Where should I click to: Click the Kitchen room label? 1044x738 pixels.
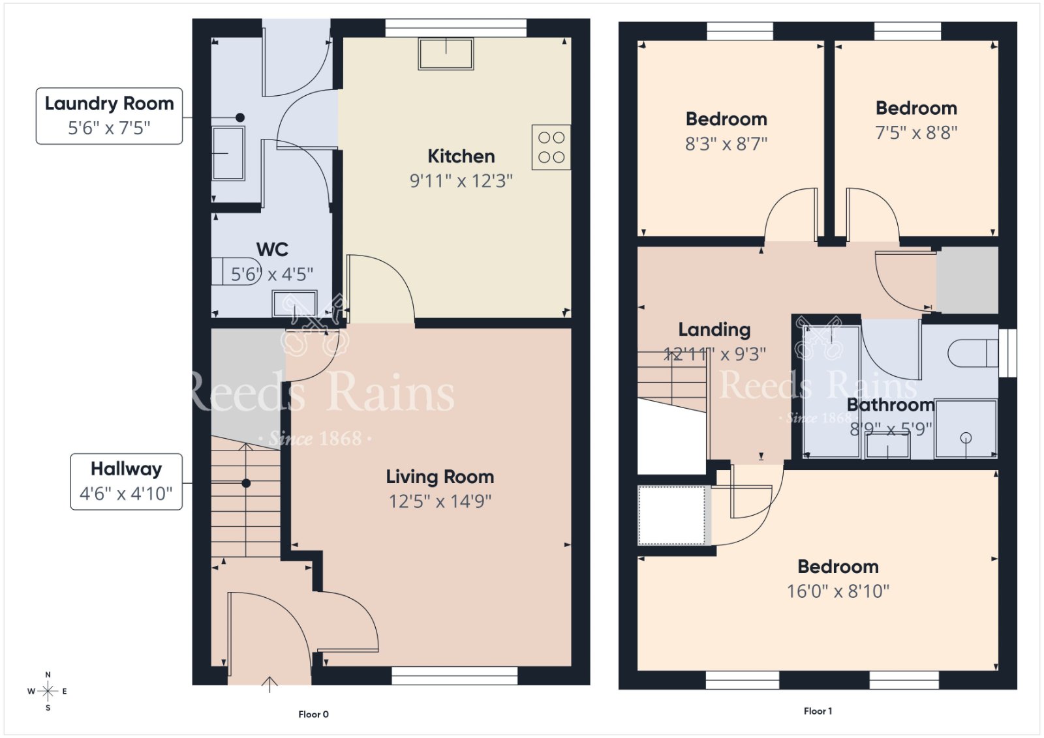click(461, 156)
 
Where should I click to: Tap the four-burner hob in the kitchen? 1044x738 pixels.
click(551, 147)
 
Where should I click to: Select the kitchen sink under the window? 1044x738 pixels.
click(446, 54)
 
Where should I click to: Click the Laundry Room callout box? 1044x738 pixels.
click(109, 116)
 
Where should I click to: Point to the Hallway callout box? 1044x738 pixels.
click(127, 481)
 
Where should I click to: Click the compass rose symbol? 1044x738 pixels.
click(48, 691)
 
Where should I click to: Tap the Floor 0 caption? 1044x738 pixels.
click(313, 715)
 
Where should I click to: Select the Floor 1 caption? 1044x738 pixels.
click(818, 711)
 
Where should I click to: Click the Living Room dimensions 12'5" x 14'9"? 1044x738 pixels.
click(440, 501)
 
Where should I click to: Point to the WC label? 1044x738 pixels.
click(272, 250)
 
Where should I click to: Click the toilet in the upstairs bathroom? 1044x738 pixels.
click(973, 353)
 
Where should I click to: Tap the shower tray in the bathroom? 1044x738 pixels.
click(966, 428)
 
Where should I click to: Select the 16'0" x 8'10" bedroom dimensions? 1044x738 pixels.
click(838, 591)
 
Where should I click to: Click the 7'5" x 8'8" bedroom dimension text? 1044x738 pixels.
click(916, 133)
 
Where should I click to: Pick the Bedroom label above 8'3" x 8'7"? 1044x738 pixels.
click(726, 119)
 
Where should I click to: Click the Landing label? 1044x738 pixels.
click(714, 330)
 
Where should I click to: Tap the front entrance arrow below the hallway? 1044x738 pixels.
click(269, 685)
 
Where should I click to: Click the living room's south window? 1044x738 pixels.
click(454, 675)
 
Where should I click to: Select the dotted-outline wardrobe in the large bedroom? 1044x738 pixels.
click(671, 515)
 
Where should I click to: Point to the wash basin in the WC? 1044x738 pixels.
click(294, 304)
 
